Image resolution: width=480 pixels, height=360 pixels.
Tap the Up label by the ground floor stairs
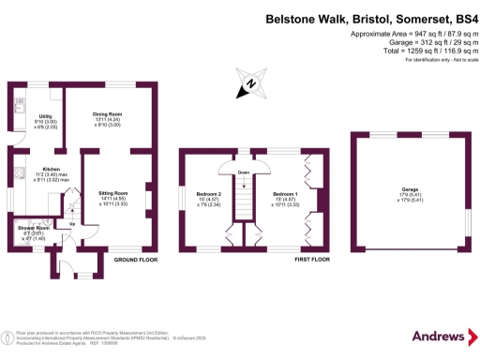(71, 224)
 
